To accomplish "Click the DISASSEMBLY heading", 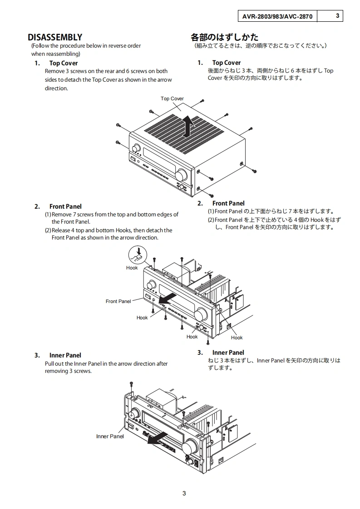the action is (x=55, y=37).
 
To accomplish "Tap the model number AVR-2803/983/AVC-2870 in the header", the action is (x=277, y=16).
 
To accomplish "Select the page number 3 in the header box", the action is (x=338, y=15).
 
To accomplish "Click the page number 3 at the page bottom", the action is (x=184, y=494).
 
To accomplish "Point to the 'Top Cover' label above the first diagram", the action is (x=172, y=98).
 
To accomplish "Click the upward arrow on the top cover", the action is (x=188, y=127).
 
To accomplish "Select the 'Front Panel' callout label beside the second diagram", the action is (x=118, y=301).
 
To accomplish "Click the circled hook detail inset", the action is (x=138, y=255).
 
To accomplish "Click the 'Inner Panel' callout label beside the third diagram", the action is (x=110, y=436).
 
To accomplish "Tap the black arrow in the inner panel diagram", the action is (x=158, y=438).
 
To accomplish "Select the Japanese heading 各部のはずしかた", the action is (x=225, y=37).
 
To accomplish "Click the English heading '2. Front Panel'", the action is (x=58, y=206).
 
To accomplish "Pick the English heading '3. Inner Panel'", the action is (x=58, y=355).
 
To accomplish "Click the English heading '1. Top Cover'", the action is (x=56, y=64).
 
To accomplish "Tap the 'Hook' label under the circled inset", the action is (x=132, y=268).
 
